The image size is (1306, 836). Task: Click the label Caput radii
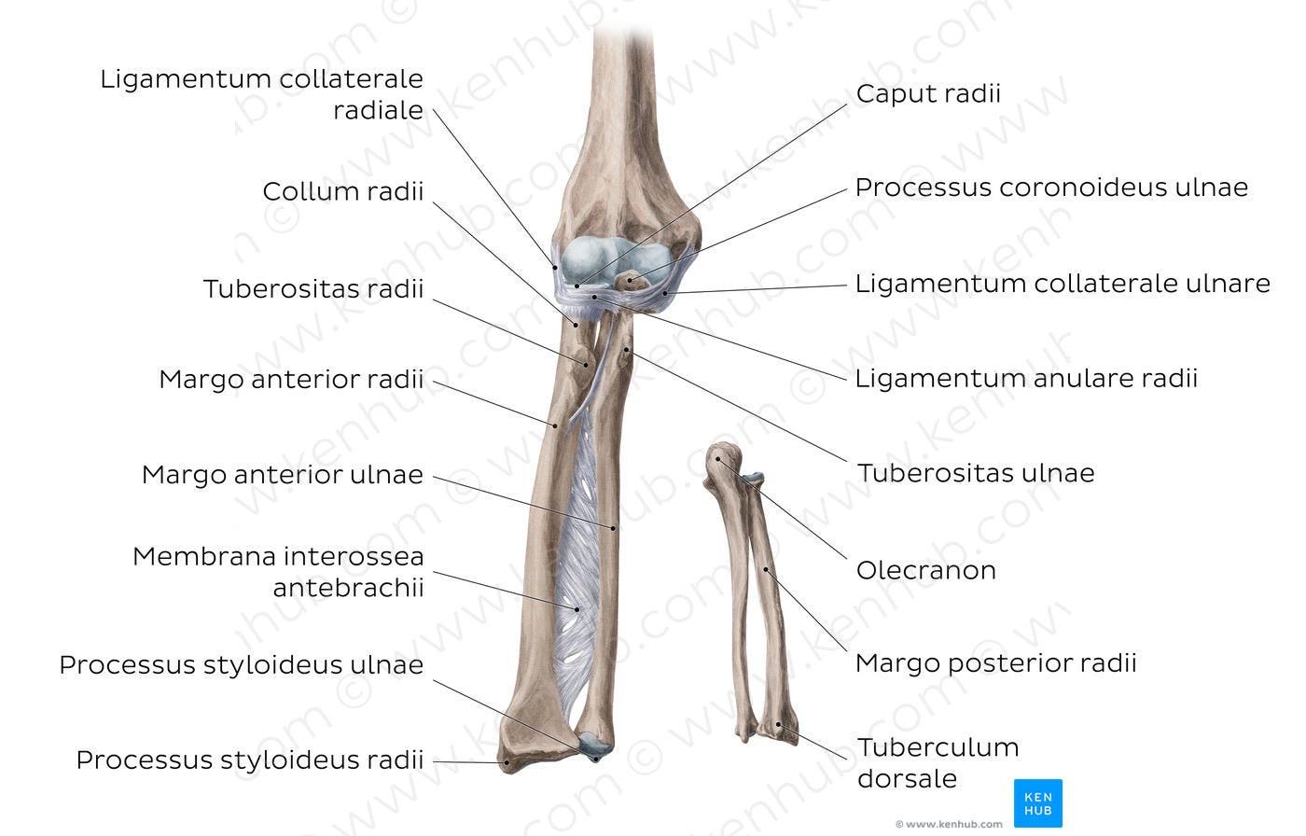pyautogui.click(x=928, y=93)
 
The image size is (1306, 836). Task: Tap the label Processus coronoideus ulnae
pyautogui.click(x=1051, y=188)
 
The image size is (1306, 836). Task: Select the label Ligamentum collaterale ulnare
pyautogui.click(x=1063, y=284)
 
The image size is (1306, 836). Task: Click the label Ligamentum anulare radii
pyautogui.click(x=1026, y=379)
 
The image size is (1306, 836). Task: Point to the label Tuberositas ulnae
pyautogui.click(x=976, y=474)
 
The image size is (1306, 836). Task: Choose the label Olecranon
pyautogui.click(x=926, y=570)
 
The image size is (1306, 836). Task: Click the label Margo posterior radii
pyautogui.click(x=995, y=663)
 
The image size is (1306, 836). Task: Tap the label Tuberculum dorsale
pyautogui.click(x=938, y=762)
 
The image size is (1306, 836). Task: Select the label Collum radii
pyautogui.click(x=342, y=191)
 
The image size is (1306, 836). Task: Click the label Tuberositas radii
pyautogui.click(x=313, y=289)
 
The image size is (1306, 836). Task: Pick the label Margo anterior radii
pyautogui.click(x=291, y=380)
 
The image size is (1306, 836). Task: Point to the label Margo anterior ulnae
pyautogui.click(x=282, y=475)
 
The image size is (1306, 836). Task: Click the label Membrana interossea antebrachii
pyautogui.click(x=278, y=572)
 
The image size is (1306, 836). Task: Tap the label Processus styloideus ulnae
pyautogui.click(x=241, y=665)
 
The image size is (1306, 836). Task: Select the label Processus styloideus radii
pyautogui.click(x=249, y=760)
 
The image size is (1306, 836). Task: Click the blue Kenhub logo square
pyautogui.click(x=1037, y=803)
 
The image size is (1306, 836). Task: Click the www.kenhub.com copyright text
pyautogui.click(x=949, y=824)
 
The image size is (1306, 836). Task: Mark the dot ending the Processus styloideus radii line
pyautogui.click(x=507, y=763)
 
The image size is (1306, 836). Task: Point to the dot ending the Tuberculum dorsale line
pyautogui.click(x=781, y=724)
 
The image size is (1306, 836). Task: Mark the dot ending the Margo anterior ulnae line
pyautogui.click(x=614, y=529)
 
